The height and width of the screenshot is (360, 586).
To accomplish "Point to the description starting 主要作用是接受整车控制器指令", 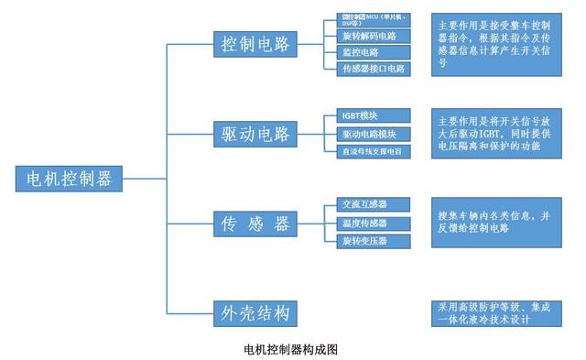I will (495, 45).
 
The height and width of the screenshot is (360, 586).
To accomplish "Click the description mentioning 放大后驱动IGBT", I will (495, 134).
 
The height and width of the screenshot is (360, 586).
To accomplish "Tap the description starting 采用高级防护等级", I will (495, 312).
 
